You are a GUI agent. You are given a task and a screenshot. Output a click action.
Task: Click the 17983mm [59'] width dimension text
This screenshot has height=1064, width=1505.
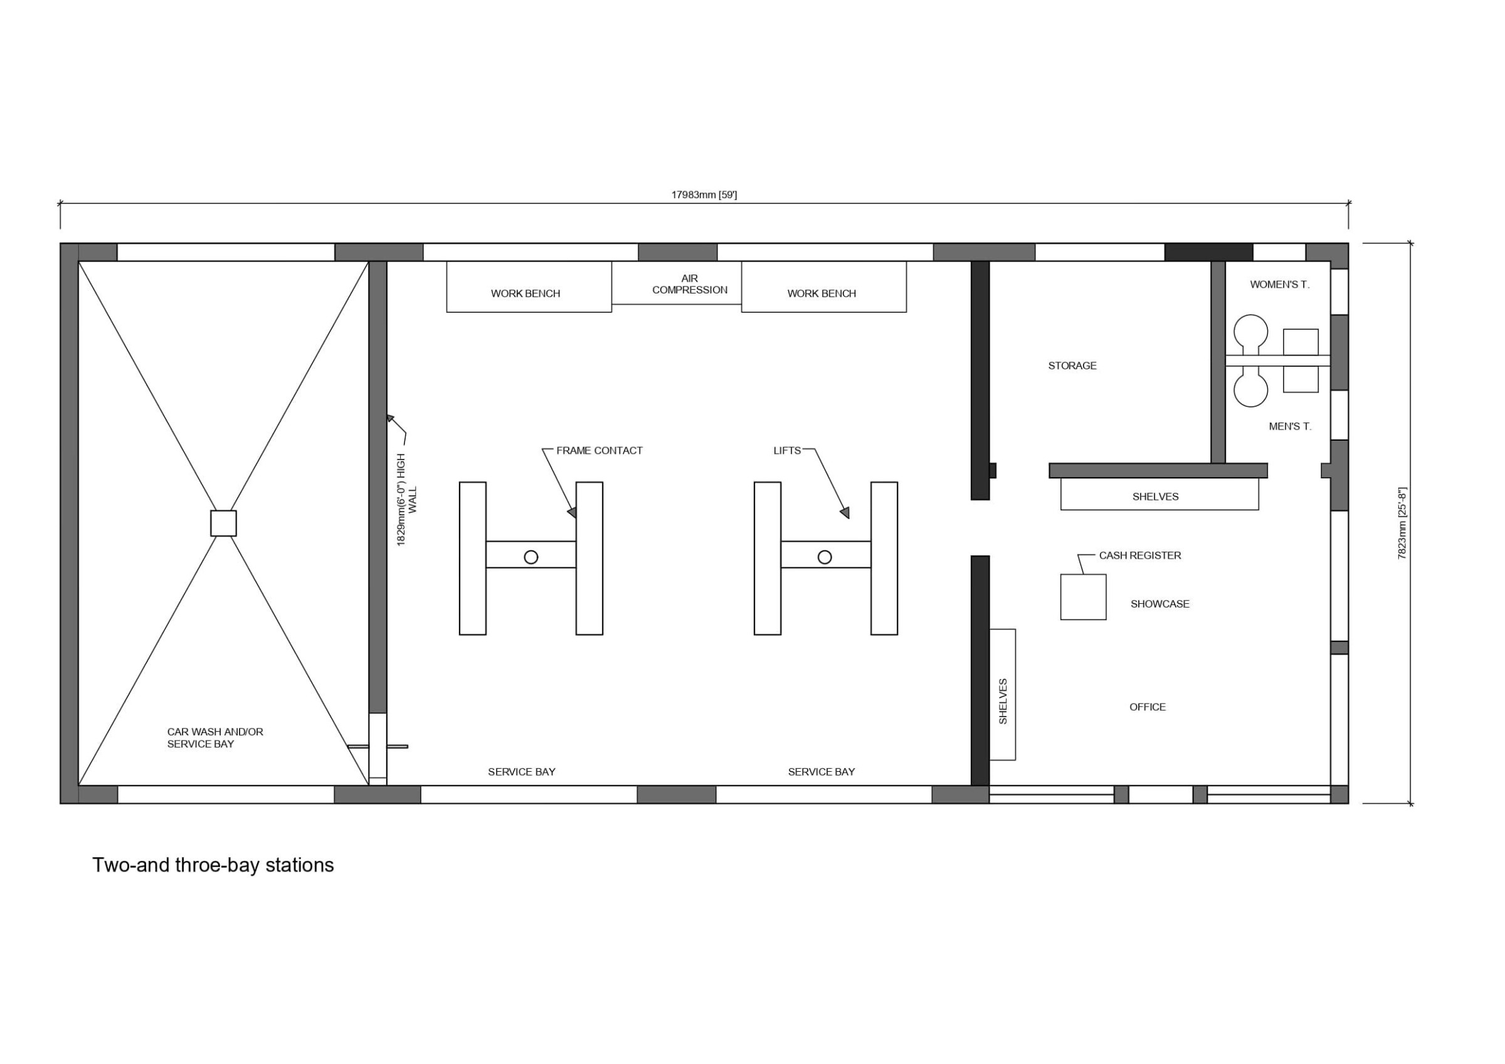[x=704, y=195]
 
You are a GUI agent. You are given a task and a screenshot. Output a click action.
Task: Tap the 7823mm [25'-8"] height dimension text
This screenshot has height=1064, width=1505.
[x=1402, y=522]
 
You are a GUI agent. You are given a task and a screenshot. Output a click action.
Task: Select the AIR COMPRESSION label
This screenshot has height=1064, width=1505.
[x=690, y=284]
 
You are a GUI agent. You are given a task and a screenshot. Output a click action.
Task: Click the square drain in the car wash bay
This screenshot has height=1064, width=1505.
[x=223, y=523]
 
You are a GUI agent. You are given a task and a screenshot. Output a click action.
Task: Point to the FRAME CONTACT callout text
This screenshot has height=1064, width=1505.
[x=599, y=450]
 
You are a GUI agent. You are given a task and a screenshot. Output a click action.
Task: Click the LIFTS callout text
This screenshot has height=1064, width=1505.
[x=786, y=450]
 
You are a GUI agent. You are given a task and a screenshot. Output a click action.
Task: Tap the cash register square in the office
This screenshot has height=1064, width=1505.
[x=1084, y=596]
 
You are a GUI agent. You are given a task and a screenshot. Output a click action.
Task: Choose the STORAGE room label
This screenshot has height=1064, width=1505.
[x=1072, y=366]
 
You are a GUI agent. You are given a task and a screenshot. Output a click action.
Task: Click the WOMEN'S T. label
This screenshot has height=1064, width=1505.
[x=1279, y=285]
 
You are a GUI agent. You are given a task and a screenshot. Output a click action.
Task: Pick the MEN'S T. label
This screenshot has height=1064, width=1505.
[x=1290, y=426]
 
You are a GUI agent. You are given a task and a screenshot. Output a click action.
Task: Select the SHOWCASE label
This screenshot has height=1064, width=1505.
[x=1159, y=604]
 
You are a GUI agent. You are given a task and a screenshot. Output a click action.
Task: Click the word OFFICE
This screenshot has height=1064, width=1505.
[x=1147, y=707]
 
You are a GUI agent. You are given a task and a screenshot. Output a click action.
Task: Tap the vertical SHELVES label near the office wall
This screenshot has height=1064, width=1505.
[x=1003, y=702]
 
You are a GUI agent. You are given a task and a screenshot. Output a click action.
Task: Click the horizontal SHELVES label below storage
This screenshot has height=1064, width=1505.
[x=1155, y=497]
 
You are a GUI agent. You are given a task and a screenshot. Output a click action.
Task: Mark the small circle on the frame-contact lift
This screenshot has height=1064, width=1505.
[x=531, y=557]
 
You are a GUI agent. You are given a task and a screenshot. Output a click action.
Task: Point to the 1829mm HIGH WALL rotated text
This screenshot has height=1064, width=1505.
[x=406, y=500]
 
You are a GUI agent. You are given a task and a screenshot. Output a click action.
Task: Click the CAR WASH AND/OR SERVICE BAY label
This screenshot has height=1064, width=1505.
[x=215, y=737]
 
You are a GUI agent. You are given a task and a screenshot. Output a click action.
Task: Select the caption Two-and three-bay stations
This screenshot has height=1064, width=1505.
[x=213, y=865]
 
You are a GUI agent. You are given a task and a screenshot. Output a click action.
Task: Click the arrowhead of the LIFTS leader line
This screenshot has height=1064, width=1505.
[x=845, y=513]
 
